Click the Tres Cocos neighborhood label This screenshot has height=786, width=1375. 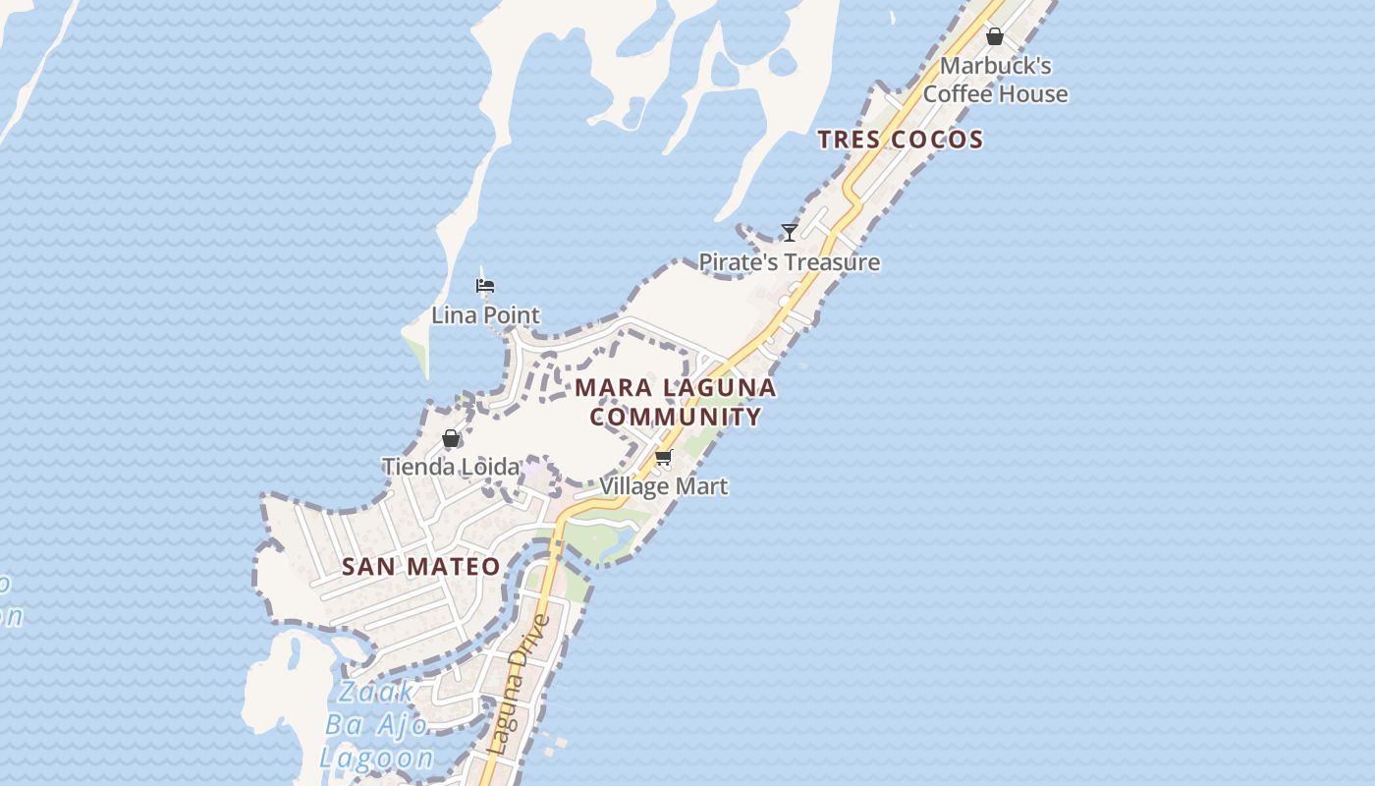pyautogui.click(x=900, y=140)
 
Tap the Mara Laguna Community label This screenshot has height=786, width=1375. pyautogui.click(x=676, y=402)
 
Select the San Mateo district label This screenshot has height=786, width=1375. pyautogui.click(x=420, y=567)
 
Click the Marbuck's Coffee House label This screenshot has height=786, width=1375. pyautogui.click(x=995, y=80)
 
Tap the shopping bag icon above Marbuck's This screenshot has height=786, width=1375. pyautogui.click(x=995, y=37)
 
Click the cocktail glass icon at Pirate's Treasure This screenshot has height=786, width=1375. pyautogui.click(x=789, y=233)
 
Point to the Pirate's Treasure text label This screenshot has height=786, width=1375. pyautogui.click(x=789, y=262)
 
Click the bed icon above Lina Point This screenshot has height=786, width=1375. pyautogui.click(x=485, y=287)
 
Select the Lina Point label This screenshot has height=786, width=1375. pyautogui.click(x=485, y=315)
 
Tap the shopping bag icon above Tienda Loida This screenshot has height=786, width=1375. pyautogui.click(x=451, y=438)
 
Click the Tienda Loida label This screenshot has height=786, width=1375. pyautogui.click(x=451, y=467)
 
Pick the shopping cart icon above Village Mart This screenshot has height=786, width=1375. pyautogui.click(x=664, y=458)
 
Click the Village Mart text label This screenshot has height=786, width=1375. pyautogui.click(x=664, y=486)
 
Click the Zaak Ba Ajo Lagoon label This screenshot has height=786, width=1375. pyautogui.click(x=378, y=725)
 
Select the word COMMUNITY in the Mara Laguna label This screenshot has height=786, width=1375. pyautogui.click(x=676, y=417)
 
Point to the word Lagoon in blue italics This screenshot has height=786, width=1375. pyautogui.click(x=377, y=758)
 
